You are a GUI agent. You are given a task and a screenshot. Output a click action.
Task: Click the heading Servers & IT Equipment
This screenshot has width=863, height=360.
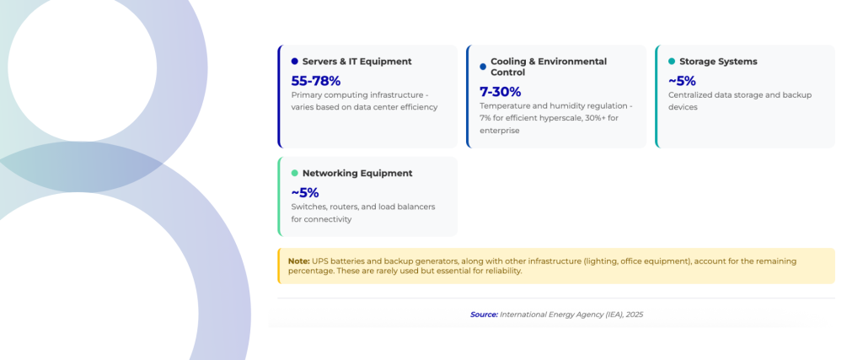[356, 62]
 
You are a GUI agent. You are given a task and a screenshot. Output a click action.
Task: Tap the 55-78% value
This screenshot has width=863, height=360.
[315, 81]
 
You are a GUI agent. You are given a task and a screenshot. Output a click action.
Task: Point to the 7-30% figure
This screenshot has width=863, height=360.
[500, 91]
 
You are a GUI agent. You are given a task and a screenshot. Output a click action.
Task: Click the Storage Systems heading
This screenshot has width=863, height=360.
[718, 62]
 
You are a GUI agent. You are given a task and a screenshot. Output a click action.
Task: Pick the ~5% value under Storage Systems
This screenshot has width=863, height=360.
[682, 81]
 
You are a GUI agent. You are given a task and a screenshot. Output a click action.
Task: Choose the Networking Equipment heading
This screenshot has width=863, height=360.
[357, 173]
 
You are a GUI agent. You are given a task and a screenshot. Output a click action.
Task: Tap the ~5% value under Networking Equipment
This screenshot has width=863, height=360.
[304, 192]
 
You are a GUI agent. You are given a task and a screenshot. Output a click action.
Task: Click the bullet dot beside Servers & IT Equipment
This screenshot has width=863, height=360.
[294, 62]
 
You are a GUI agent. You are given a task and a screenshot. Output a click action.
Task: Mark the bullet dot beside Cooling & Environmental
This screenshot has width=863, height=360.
[483, 67]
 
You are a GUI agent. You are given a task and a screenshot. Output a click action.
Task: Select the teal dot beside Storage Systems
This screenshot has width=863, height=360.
[672, 62]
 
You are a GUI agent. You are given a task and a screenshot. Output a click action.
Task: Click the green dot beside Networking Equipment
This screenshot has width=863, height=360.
[294, 173]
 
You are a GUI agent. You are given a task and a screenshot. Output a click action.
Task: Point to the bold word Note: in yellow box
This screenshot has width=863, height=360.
[298, 261]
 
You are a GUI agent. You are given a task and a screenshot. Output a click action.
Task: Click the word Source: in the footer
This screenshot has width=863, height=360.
[484, 314]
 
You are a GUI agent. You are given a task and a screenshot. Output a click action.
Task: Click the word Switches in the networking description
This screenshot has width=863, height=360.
[308, 207]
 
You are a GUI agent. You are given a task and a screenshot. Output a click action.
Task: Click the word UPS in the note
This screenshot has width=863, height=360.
[320, 261]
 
